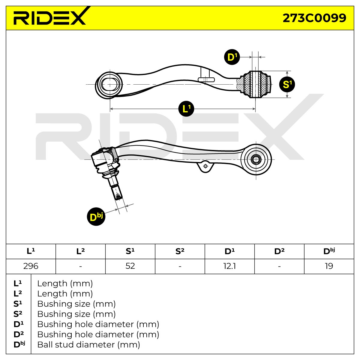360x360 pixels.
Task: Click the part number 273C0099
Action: (314, 18)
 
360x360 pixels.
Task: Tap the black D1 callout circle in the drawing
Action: (232, 57)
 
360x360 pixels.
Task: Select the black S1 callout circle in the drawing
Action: (287, 84)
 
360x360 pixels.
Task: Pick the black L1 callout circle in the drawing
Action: (186, 109)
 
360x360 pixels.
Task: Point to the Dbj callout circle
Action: (96, 217)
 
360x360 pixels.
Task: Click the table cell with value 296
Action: (31, 266)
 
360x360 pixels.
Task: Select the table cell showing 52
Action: (130, 266)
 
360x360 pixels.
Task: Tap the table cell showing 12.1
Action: (229, 266)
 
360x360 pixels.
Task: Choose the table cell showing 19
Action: (329, 266)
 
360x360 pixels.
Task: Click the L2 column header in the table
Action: (80, 251)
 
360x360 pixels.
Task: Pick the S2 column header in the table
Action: (180, 251)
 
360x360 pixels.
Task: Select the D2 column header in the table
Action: (279, 251)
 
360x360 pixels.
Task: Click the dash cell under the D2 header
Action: (279, 266)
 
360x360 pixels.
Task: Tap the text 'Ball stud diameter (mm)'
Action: (88, 345)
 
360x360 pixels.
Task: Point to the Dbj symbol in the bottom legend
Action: (19, 344)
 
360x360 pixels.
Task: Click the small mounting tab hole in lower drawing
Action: (205, 166)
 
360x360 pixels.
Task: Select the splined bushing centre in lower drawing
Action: (256, 160)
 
